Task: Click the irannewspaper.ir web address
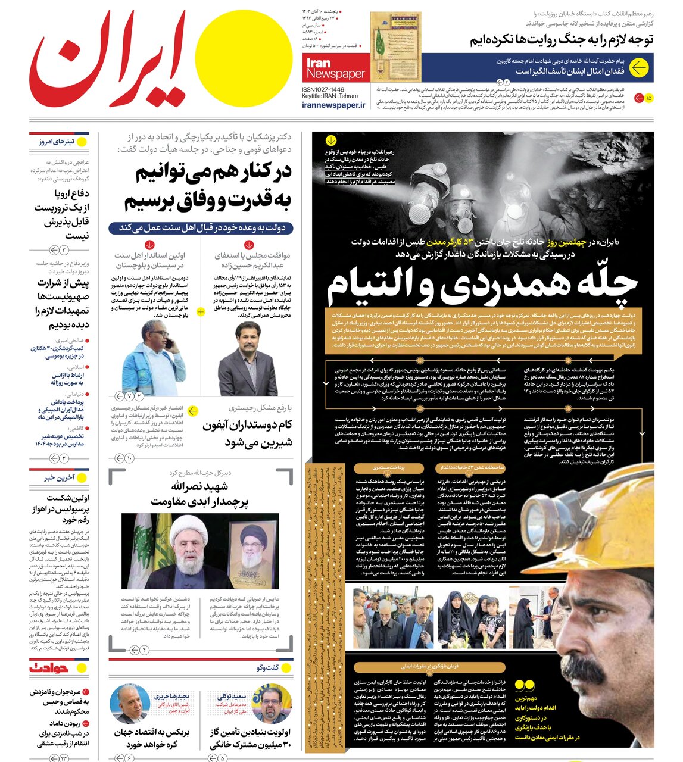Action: (333, 105)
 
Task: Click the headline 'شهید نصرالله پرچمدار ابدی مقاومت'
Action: (200, 495)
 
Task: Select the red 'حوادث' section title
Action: (49, 668)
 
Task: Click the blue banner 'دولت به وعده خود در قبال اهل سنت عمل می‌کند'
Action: (201, 228)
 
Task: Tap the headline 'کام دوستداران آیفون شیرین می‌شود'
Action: (247, 433)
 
